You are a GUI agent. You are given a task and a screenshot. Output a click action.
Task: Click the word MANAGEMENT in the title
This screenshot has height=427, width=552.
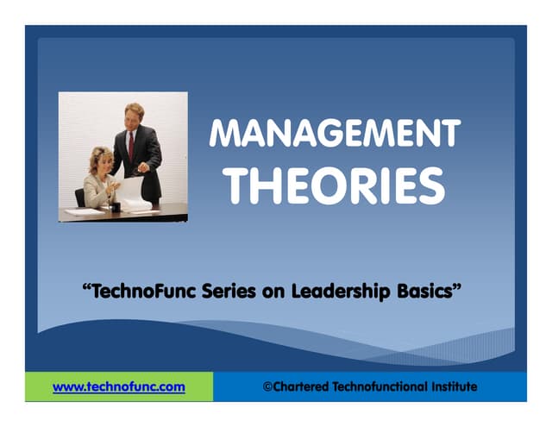click(x=335, y=135)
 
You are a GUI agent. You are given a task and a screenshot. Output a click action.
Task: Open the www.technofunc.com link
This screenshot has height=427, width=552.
click(x=119, y=386)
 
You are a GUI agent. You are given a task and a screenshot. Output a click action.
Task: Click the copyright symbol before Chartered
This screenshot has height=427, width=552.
click(x=267, y=386)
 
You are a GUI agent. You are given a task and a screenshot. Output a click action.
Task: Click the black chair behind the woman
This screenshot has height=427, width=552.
click(x=80, y=198)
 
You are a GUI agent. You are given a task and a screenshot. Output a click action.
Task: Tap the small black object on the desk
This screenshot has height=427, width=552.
click(x=116, y=207)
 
